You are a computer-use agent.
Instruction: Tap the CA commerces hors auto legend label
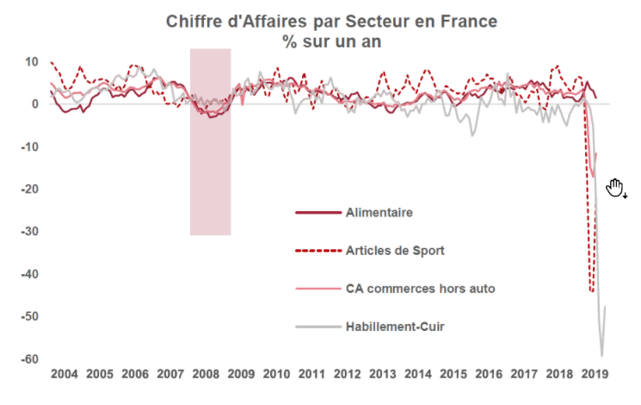420,289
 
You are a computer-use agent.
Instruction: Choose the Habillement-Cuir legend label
394,327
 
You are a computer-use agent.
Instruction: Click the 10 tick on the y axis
33,61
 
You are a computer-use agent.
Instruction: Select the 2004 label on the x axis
65,376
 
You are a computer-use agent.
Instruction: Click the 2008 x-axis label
206,376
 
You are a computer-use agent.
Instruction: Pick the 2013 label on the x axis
382,376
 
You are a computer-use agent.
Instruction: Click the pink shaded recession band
210,172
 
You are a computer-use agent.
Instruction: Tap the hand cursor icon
615,188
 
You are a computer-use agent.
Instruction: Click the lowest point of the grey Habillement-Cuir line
601,355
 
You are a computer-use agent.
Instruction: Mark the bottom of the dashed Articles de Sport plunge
592,291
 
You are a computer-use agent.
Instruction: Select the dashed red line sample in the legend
315,251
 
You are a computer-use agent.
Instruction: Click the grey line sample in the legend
315,327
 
